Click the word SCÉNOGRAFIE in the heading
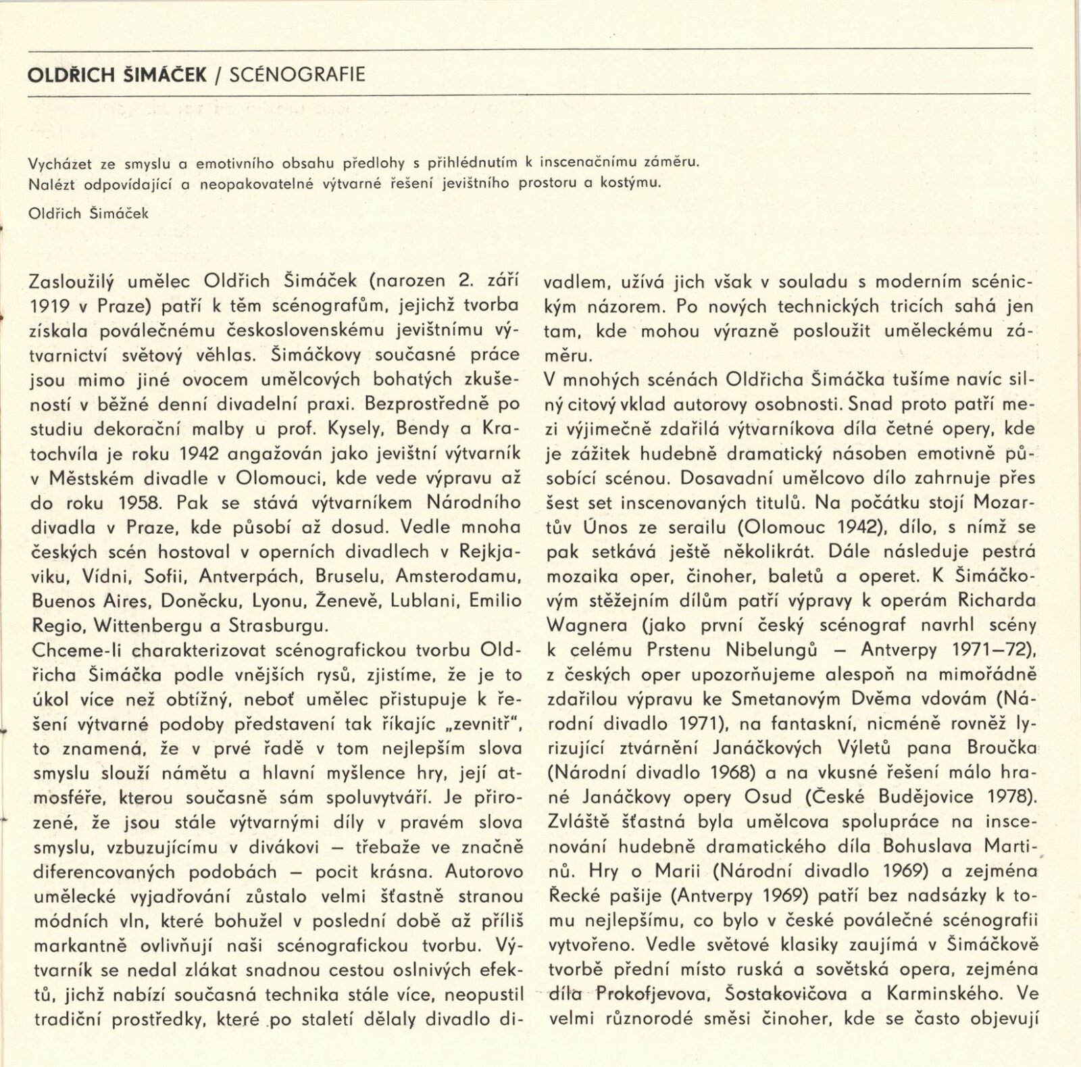pos(297,74)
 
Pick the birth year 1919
pos(49,306)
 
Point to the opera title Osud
pos(768,797)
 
